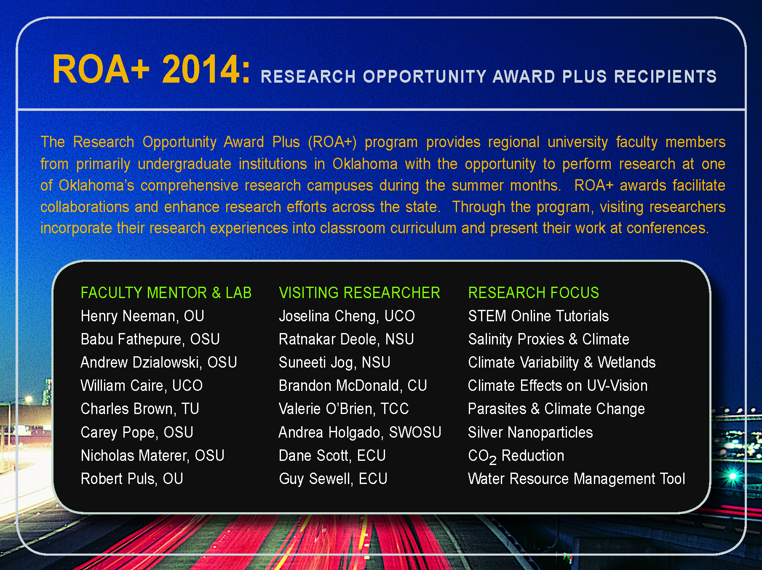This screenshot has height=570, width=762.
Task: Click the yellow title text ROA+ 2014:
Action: point(151,69)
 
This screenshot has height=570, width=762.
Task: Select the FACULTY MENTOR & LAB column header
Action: point(166,293)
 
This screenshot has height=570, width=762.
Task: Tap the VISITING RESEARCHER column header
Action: point(359,293)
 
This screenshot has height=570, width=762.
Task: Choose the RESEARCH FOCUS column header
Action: point(533,293)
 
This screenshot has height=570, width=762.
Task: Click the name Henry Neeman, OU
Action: point(142,316)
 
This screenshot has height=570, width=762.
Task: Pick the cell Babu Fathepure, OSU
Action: point(150,339)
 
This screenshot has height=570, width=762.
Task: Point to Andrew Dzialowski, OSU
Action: point(159,363)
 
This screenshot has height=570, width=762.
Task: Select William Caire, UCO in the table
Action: point(142,386)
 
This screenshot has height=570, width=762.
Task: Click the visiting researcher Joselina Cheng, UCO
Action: point(347,316)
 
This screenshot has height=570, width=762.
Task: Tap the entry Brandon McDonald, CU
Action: point(353,386)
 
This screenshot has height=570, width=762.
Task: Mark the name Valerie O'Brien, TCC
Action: point(344,409)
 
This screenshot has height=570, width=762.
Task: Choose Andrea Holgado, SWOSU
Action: point(360,432)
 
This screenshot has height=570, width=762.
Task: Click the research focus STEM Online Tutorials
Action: point(538,316)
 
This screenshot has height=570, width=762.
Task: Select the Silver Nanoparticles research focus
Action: point(530,432)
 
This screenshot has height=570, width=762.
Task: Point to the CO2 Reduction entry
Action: point(516,456)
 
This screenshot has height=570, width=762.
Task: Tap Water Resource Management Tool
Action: point(577,479)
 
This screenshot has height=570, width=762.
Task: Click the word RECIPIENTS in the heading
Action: point(665,77)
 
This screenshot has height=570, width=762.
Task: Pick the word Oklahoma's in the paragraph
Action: point(96,186)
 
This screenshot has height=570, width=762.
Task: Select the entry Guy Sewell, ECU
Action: point(333,479)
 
